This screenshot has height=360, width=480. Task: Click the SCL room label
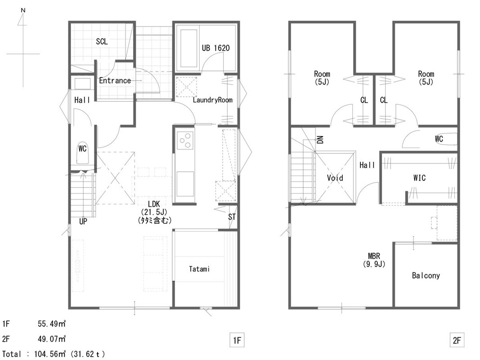coord(102,41)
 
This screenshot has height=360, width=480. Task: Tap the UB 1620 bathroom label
coord(215,48)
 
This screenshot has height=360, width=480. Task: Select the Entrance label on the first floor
coord(115,81)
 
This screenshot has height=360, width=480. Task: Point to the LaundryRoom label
coord(212,100)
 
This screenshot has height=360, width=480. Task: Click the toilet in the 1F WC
coord(82,153)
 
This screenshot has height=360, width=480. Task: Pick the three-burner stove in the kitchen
coord(185,140)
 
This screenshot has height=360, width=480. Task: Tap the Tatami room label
coord(199,269)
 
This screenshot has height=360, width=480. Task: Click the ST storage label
coord(232,217)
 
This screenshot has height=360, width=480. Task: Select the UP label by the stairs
coord(83,221)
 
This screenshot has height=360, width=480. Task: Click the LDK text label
coord(154,204)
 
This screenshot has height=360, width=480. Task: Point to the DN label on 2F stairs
coord(320,140)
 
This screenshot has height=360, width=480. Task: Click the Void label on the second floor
coord(335,178)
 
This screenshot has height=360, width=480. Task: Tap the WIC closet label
coord(419,178)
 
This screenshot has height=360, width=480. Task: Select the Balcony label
coord(426,275)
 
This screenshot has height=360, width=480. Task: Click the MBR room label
coord(374,256)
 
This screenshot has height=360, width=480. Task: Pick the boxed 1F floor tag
coord(237,340)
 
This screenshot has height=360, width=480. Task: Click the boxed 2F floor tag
coord(457,340)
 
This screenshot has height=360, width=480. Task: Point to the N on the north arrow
coord(23,10)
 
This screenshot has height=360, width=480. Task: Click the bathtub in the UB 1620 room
coord(188,48)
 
